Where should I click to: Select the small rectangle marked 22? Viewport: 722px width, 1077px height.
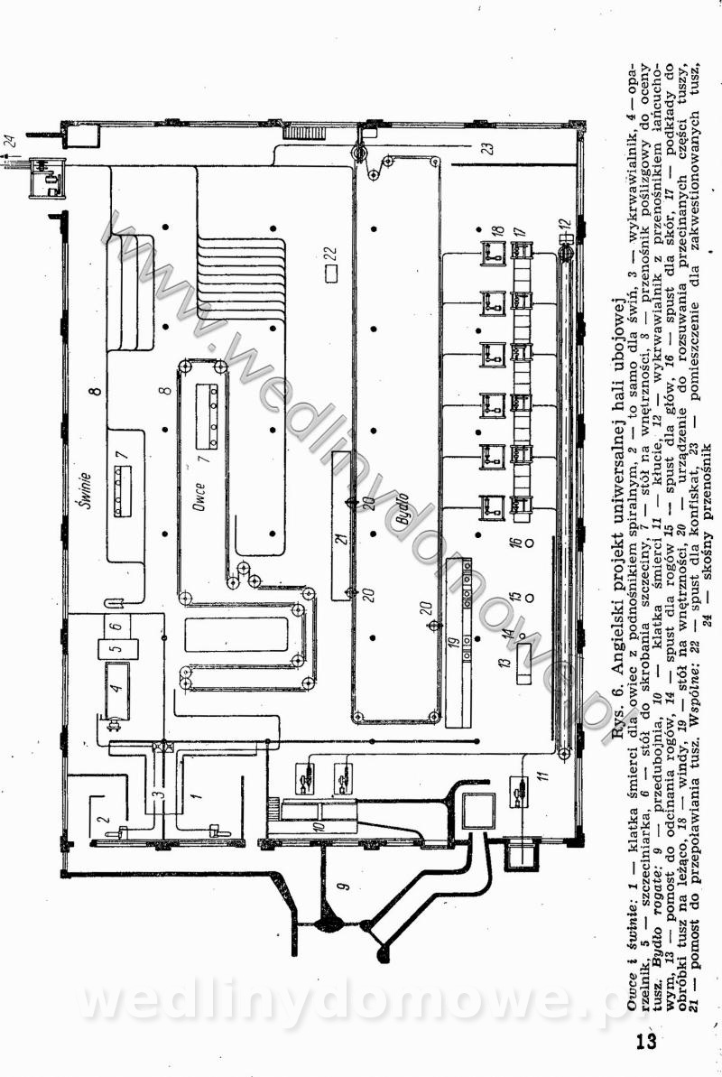[x=332, y=269]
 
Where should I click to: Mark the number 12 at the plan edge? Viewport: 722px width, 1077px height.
[x=564, y=222]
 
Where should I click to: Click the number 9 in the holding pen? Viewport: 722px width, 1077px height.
[x=341, y=887]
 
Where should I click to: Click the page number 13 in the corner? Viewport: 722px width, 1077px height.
[x=644, y=1043]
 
